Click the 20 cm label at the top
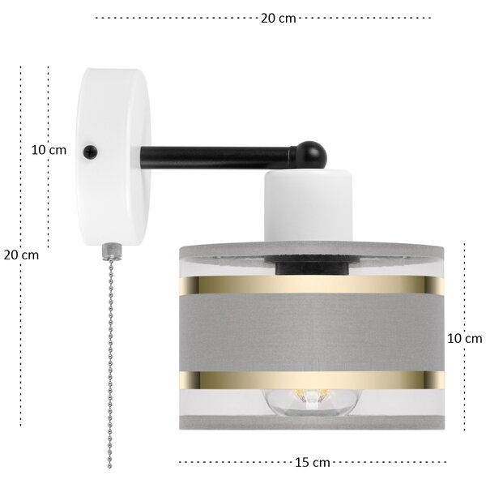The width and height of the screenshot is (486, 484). (278, 19)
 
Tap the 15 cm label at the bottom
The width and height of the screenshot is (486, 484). (312, 463)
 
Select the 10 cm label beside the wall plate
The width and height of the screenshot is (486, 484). (49, 150)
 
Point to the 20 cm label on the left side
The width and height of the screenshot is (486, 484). (21, 255)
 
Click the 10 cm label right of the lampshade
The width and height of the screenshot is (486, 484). (465, 338)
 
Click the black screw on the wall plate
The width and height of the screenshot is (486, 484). (91, 152)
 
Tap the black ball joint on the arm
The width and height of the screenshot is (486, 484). (312, 155)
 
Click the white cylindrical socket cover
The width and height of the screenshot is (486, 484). (308, 205)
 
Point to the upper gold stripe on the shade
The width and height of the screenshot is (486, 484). (312, 285)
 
